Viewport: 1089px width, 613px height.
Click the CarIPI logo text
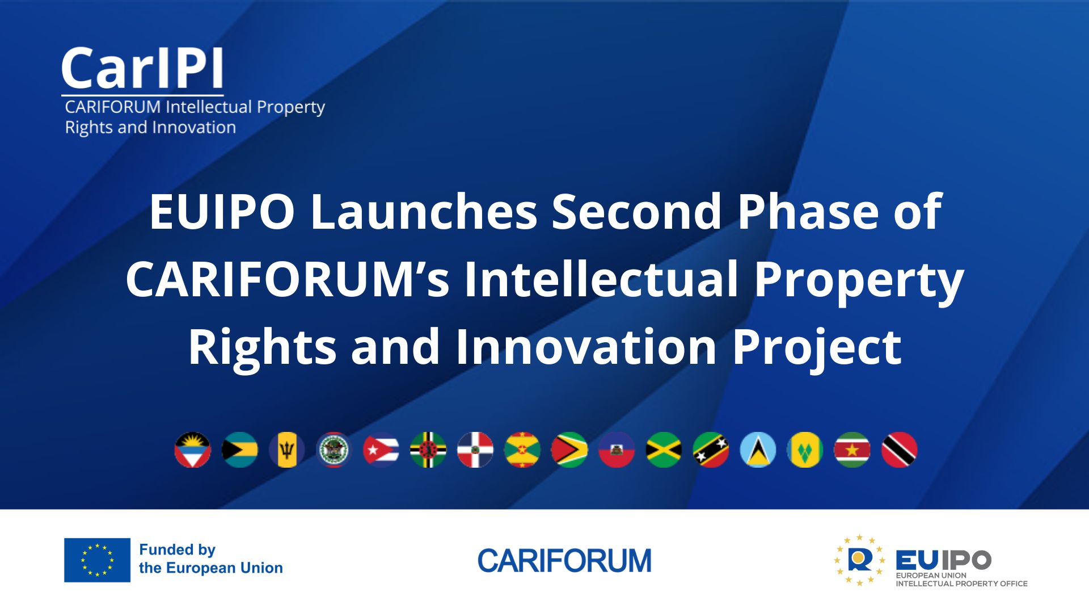(x=142, y=69)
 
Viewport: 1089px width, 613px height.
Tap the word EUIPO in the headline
(x=222, y=212)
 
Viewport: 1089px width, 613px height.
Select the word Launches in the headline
(x=424, y=212)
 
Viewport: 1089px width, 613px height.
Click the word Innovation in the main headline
(x=586, y=347)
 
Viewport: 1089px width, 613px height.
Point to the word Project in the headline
(x=816, y=347)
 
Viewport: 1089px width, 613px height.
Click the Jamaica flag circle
(x=664, y=450)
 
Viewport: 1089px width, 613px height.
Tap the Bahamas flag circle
(x=239, y=450)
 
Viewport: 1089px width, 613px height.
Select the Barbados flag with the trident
(x=286, y=450)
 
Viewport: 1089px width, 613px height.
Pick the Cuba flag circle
(x=381, y=450)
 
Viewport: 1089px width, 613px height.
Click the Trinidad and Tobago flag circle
(x=899, y=450)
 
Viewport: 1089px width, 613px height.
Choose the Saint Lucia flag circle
(x=758, y=450)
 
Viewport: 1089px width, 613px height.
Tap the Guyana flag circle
(x=569, y=450)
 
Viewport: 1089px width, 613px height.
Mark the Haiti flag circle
(x=617, y=450)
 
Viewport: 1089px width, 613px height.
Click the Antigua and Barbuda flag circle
(x=192, y=450)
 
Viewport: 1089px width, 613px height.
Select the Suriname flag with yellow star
(x=852, y=450)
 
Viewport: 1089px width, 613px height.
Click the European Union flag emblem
(x=97, y=560)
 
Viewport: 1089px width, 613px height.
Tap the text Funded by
(x=177, y=549)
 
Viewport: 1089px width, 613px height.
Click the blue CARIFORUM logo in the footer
(x=564, y=561)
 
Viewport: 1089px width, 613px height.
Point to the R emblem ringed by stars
(x=859, y=560)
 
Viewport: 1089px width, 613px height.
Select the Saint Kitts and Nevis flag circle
(x=711, y=450)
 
